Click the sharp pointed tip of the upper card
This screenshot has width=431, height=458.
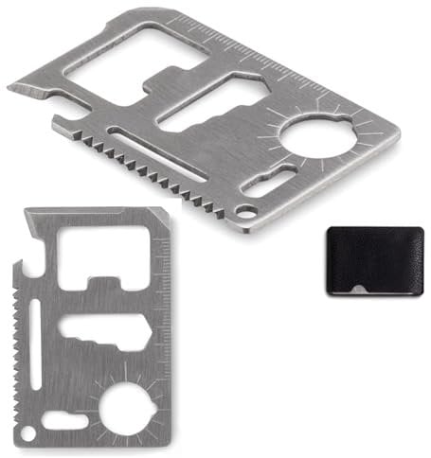click(11, 89)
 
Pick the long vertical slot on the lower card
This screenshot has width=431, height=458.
click(36, 347)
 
